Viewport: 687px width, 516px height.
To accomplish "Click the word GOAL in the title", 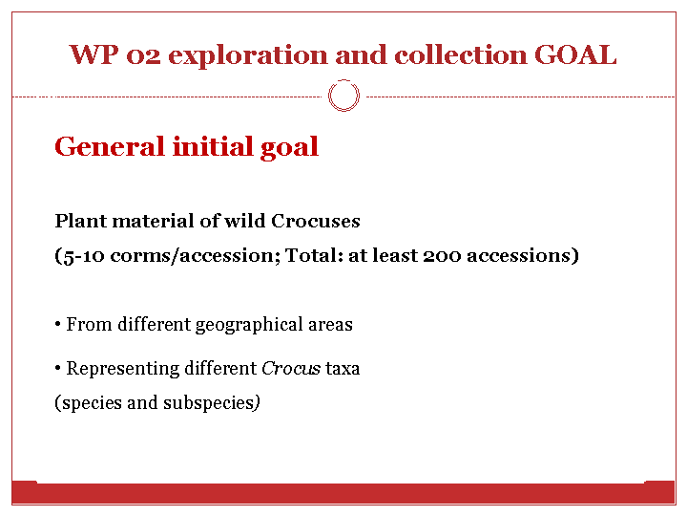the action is (575, 54).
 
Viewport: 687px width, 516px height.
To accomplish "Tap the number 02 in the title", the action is (143, 56).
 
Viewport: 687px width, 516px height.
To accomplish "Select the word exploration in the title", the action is (248, 57).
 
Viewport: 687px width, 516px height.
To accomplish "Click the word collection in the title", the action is (461, 54).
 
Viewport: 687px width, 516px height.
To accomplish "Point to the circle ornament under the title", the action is (343, 80).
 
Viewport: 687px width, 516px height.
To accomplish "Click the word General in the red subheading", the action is (109, 146).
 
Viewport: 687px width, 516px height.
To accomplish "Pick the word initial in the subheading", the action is (213, 146).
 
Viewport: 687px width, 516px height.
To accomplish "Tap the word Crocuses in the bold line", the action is (316, 221).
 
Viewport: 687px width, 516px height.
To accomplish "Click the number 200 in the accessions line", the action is (442, 255).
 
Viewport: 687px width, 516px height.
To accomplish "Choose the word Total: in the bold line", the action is (314, 255).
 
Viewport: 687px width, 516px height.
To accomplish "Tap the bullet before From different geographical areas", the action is (58, 325).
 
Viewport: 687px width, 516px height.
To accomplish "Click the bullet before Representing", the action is (58, 368).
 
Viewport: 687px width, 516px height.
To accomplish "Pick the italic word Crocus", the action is (291, 368).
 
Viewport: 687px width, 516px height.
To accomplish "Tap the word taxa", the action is (343, 369).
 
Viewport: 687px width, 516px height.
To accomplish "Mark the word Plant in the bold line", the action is (80, 221).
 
